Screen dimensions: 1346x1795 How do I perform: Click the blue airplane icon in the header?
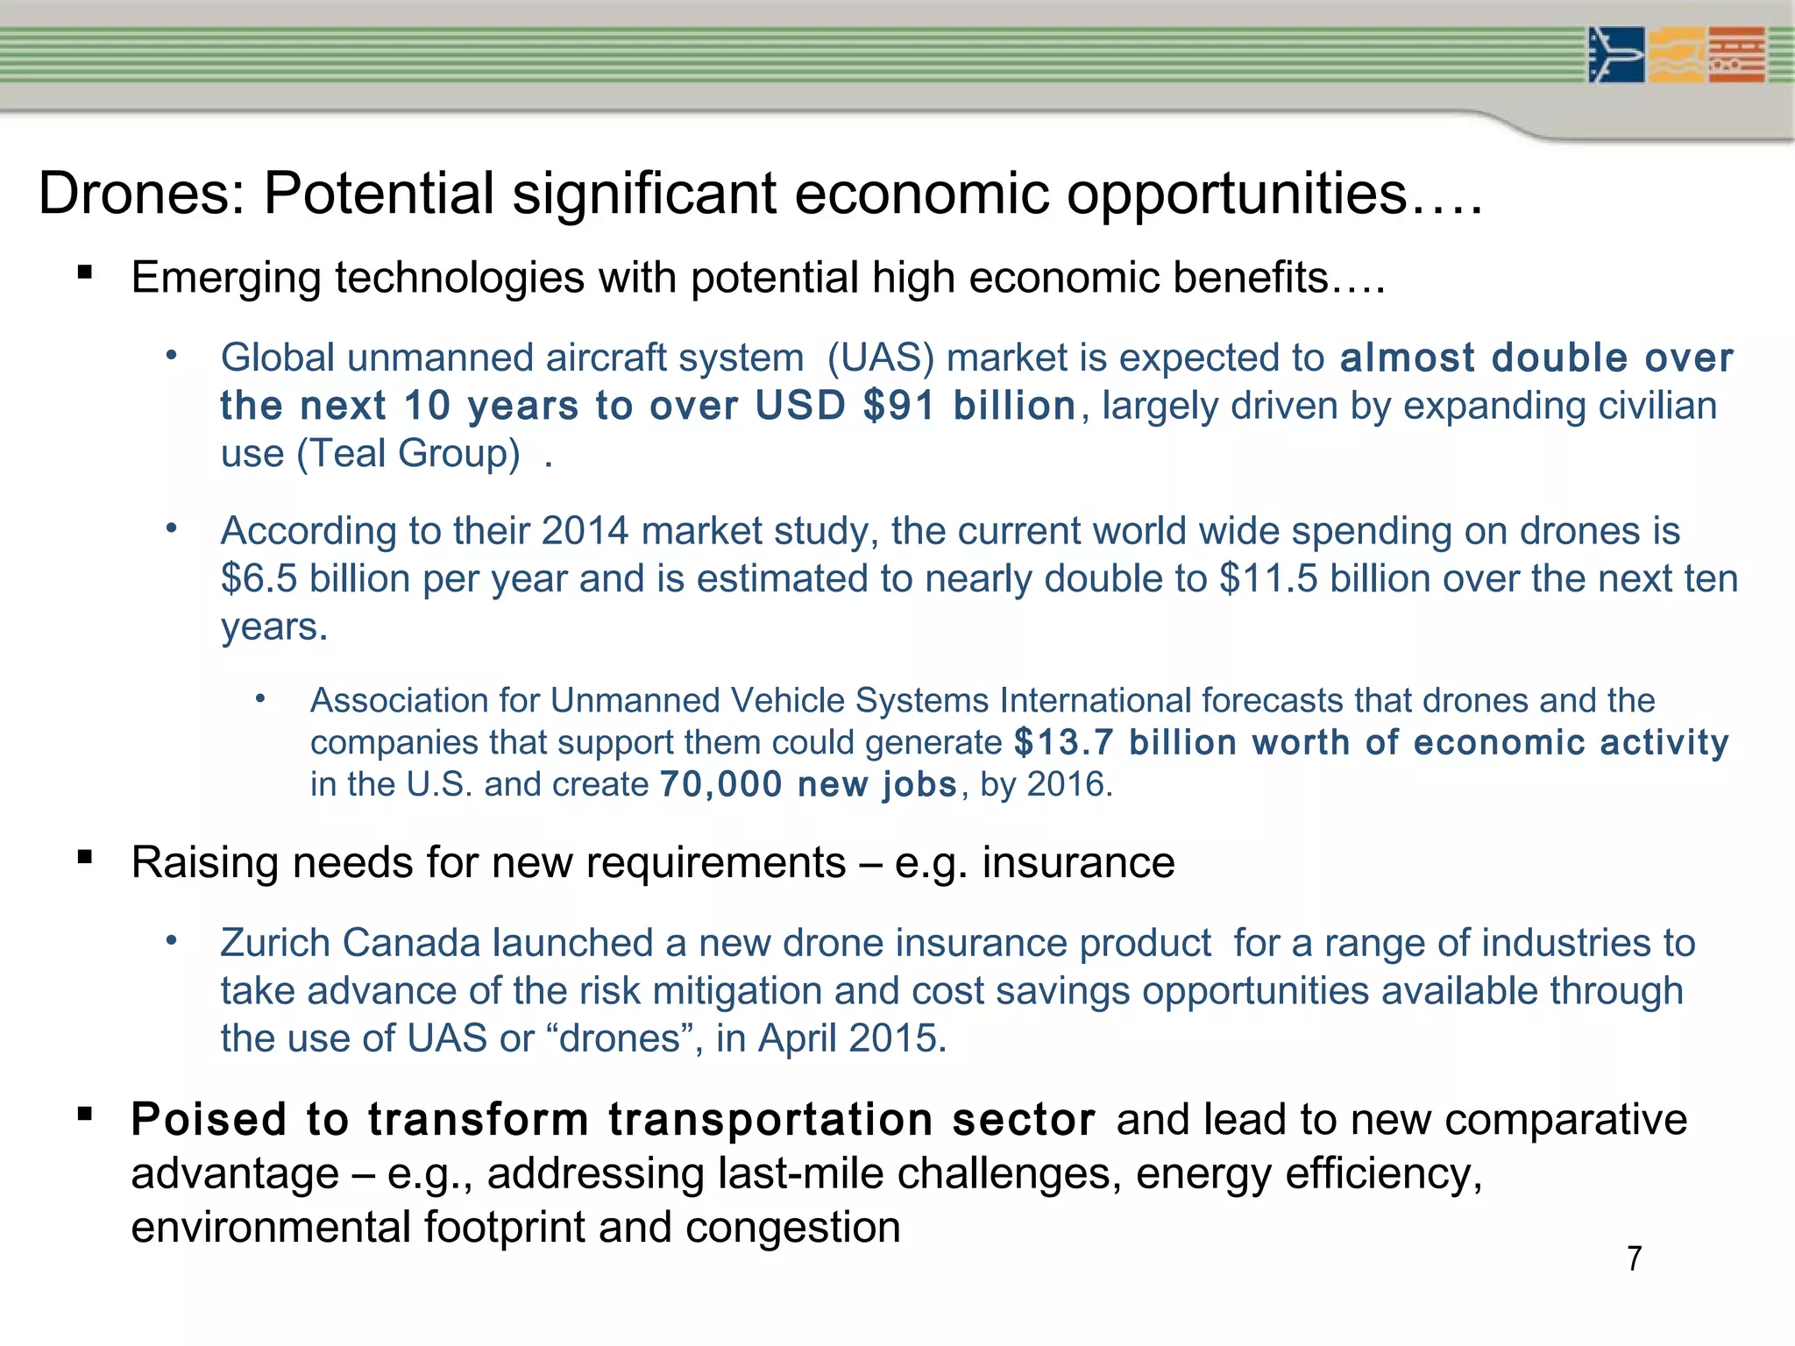(x=1616, y=55)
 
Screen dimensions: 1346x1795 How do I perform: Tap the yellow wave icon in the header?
(x=1677, y=55)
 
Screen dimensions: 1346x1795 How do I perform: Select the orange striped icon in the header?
(x=1737, y=55)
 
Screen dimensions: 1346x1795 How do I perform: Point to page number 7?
(x=1634, y=1259)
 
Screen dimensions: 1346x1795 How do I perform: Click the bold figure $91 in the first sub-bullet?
(x=899, y=406)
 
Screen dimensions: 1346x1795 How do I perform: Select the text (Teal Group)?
(x=408, y=454)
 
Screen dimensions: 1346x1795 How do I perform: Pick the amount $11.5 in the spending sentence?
(x=1268, y=579)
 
